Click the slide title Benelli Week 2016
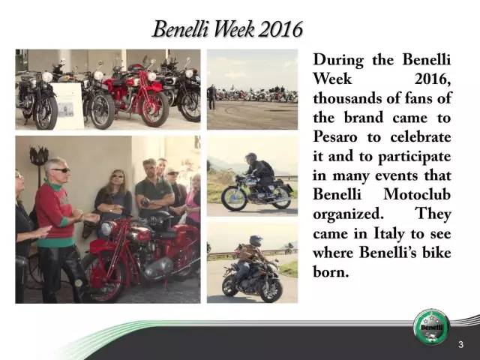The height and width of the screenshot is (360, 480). (x=227, y=29)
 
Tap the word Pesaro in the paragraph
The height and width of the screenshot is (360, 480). (x=335, y=137)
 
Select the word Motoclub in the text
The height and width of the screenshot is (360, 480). (x=417, y=194)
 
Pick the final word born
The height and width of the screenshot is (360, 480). (x=331, y=271)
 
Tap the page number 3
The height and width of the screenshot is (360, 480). (x=461, y=344)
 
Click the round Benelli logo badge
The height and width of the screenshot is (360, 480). (x=432, y=327)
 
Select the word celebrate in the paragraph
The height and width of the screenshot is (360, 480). (x=421, y=136)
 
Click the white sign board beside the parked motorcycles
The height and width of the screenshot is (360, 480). (x=67, y=105)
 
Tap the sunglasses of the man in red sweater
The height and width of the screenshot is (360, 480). (x=61, y=170)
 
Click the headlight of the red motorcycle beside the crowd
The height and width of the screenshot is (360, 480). (x=106, y=229)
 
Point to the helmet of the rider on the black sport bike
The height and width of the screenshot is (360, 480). (x=256, y=241)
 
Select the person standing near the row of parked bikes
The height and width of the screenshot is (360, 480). (x=211, y=97)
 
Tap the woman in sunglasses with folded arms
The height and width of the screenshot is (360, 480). (x=113, y=196)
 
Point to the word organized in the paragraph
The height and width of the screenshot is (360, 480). (x=348, y=214)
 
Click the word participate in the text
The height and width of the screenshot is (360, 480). (x=415, y=157)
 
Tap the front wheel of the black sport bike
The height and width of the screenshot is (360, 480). (x=270, y=289)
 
